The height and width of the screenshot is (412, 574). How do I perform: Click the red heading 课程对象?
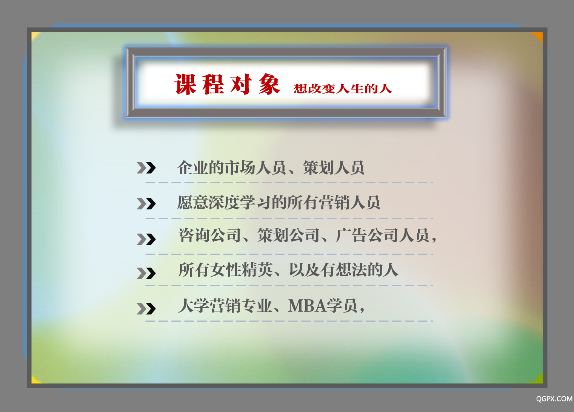[x=227, y=84]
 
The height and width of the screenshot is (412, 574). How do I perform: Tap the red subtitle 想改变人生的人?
[x=343, y=88]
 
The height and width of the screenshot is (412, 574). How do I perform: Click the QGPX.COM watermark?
[x=554, y=399]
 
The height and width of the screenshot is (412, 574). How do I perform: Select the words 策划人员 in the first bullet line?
[x=333, y=167]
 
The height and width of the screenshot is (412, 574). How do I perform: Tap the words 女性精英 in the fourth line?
[x=241, y=270]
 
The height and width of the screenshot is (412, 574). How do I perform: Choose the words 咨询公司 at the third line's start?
[x=210, y=235]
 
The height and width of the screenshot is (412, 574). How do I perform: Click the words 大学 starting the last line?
[x=194, y=306]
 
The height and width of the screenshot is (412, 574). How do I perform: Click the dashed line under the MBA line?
[x=289, y=321]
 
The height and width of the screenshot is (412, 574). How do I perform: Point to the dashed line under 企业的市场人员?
[x=289, y=183]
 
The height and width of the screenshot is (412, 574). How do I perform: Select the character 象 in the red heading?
[x=269, y=84]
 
